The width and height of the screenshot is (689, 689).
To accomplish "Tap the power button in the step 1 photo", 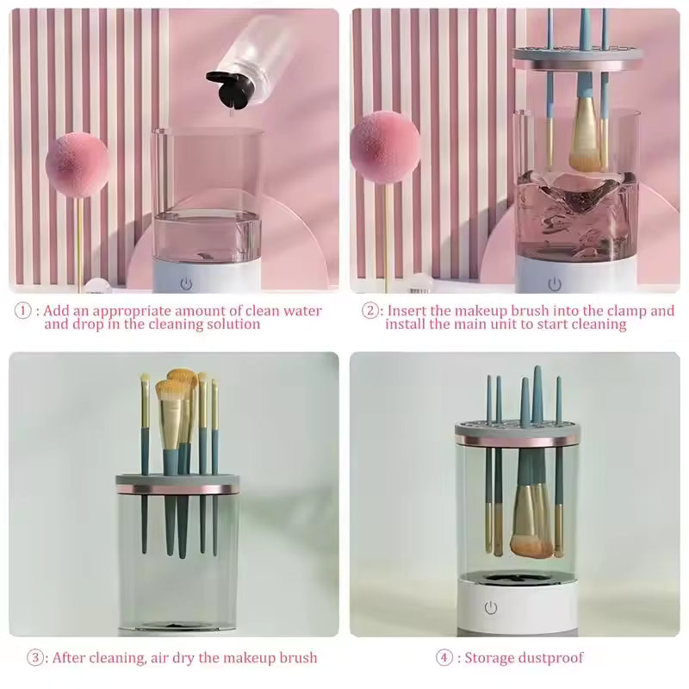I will (187, 282).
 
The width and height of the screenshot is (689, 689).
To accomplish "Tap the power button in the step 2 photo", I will (555, 283).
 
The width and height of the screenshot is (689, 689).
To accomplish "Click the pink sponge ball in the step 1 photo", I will (77, 164).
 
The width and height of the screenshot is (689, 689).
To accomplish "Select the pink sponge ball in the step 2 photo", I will (385, 144).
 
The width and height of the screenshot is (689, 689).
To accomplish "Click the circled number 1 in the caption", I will (24, 311).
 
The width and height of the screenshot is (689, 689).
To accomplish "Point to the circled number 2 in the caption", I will (370, 311).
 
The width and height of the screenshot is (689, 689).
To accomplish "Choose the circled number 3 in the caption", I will (35, 658).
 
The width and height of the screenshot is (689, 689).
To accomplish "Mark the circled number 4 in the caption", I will (444, 658).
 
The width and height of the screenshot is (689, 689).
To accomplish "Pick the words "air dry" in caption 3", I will (167, 658).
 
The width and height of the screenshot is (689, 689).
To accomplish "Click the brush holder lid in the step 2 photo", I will (577, 59).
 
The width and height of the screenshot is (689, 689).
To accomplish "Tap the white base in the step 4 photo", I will (516, 606).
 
